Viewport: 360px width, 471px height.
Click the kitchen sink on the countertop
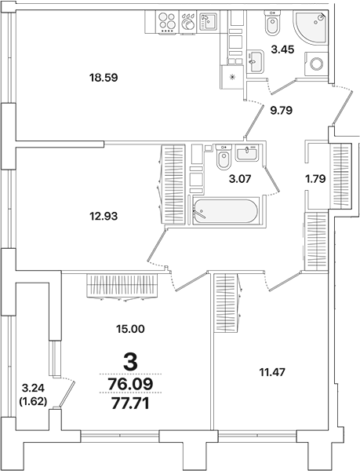(x=207, y=22)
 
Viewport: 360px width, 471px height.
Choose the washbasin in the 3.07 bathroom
(x=252, y=151)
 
